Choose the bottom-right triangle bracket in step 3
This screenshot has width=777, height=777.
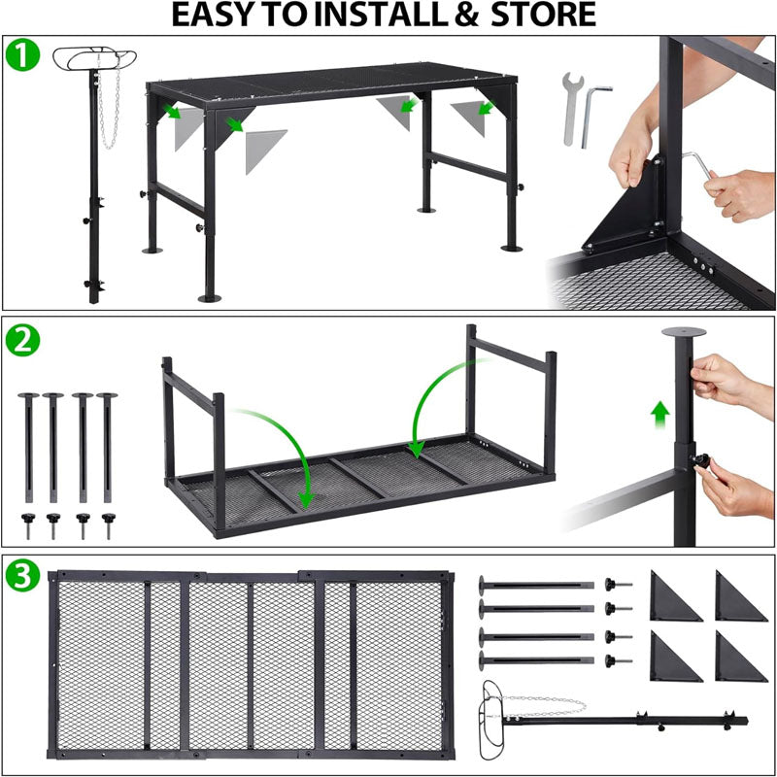740,658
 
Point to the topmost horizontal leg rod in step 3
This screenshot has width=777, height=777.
534,586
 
